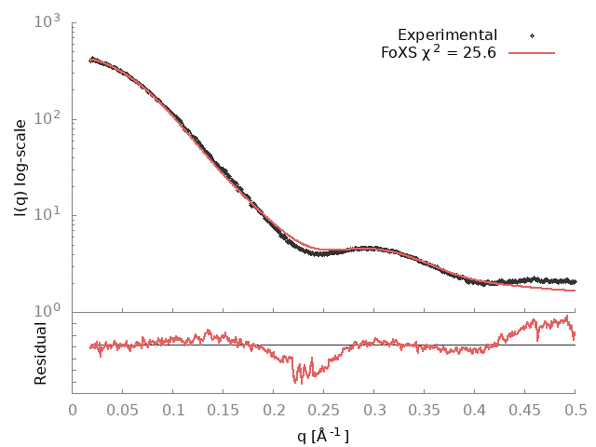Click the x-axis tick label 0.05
coord(123,409)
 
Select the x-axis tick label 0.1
coord(173,409)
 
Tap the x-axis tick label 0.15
coord(223,409)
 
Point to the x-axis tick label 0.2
coord(274,409)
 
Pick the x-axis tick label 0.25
coord(324,409)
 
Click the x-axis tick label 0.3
coord(374,409)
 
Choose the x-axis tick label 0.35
coord(425,409)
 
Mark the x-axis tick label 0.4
coord(475,409)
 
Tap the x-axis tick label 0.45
coord(525,409)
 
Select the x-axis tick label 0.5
coord(576,409)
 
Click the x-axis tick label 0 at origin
coord(73,409)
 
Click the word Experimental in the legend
coord(447,35)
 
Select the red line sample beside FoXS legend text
coord(531,52)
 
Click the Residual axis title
coord(40,353)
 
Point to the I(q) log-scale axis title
coord(20,168)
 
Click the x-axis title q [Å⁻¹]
coord(324,434)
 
